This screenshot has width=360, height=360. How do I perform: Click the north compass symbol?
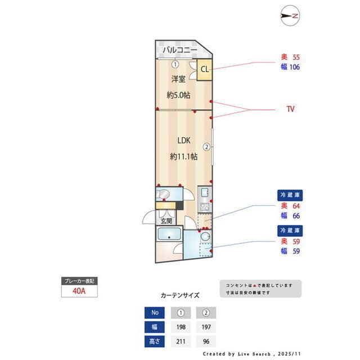point(291,16)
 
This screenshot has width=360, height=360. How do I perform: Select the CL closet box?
point(204,70)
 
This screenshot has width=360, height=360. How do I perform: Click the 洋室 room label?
point(179,79)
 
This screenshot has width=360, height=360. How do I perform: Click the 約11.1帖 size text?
point(183,156)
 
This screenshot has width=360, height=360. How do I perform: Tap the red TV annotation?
point(291,109)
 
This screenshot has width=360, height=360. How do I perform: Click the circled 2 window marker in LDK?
point(207,147)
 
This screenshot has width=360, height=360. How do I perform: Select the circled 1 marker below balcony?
point(175,64)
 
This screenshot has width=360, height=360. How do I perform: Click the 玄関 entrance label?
point(166,221)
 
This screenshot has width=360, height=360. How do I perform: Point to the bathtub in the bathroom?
point(169,236)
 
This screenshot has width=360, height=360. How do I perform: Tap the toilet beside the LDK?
point(164,195)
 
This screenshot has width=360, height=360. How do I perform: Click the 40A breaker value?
point(79,291)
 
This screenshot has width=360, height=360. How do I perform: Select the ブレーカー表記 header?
point(79,280)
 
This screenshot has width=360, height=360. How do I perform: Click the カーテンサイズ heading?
point(180,295)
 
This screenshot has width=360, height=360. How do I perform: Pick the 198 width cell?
point(181,326)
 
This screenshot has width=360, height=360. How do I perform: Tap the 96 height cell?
point(206,341)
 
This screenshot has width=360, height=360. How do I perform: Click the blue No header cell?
point(155,312)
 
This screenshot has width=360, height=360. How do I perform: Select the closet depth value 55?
point(296,57)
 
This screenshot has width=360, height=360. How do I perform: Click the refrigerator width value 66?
point(296,215)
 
